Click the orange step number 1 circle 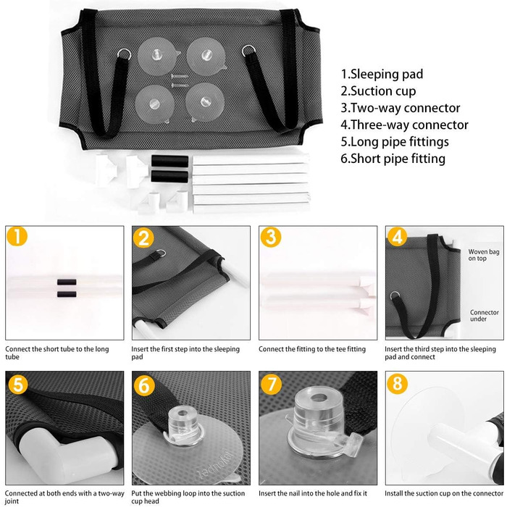(x=17, y=236)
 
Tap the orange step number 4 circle (x=398, y=236)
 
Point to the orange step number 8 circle (x=398, y=384)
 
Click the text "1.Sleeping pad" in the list (x=382, y=75)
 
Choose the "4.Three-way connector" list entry (x=404, y=125)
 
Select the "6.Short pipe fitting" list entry (x=393, y=159)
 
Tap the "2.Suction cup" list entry (x=378, y=91)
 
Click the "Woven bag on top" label (x=484, y=255)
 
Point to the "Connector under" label (x=485, y=316)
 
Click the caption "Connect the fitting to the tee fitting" (x=312, y=349)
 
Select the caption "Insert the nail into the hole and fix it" (x=313, y=493)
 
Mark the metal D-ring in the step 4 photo (x=395, y=296)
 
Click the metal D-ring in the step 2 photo (x=161, y=253)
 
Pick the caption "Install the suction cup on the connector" (x=443, y=493)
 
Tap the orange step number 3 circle (x=271, y=236)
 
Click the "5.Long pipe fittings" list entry (x=395, y=142)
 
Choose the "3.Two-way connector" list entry (x=401, y=108)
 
